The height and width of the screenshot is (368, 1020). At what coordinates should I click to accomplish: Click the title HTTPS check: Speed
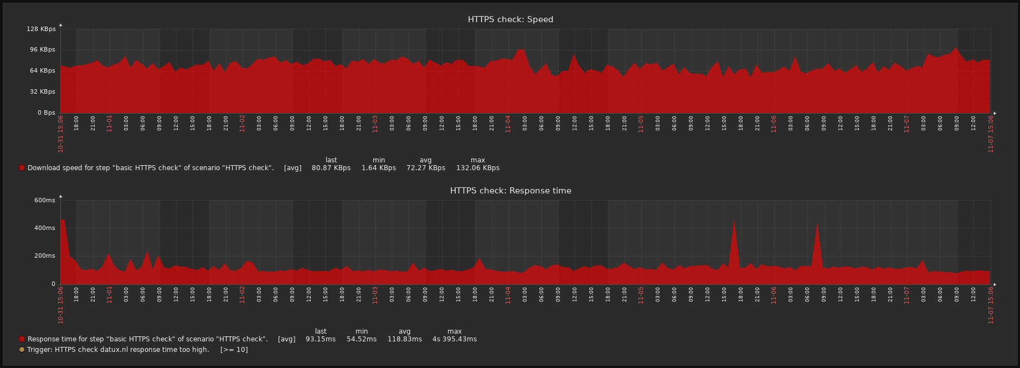tap(510, 19)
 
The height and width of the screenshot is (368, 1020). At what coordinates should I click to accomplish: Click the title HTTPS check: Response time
tap(510, 191)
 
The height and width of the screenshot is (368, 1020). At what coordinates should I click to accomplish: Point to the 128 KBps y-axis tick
tap(41, 29)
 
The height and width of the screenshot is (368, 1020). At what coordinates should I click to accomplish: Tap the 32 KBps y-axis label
tap(43, 91)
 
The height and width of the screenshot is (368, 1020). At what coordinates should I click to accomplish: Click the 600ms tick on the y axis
tap(44, 200)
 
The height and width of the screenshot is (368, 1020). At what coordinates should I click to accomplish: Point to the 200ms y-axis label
tap(44, 256)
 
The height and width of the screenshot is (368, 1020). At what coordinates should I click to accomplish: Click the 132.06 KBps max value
tap(477, 168)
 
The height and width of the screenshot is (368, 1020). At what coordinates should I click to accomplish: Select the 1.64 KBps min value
tap(378, 168)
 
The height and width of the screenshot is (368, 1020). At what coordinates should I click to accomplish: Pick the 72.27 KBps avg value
tap(425, 168)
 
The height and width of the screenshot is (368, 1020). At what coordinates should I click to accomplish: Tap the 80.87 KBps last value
tap(331, 168)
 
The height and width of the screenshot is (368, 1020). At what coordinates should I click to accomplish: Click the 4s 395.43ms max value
tap(454, 339)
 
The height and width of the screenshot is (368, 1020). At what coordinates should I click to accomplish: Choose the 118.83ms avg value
tap(404, 339)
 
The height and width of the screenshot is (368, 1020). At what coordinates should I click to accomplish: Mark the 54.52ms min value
tap(361, 339)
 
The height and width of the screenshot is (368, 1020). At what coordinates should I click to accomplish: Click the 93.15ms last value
tap(320, 339)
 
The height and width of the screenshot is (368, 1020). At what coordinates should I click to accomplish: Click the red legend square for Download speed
tap(22, 168)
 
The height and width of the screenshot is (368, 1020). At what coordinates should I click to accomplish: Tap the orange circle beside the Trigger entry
tap(22, 350)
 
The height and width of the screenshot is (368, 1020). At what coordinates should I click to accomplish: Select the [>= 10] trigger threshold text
tap(234, 350)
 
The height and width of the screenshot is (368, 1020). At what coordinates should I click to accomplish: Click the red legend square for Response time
tap(22, 339)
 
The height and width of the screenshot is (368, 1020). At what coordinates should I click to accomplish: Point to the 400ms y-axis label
tap(44, 228)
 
